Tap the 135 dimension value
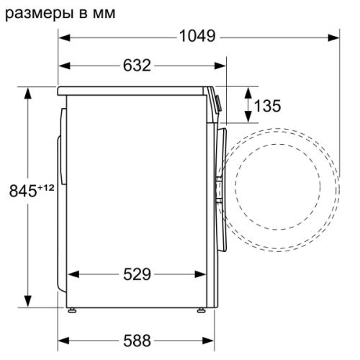click(267, 106)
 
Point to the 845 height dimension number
click(21, 192)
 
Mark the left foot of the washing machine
click(73, 311)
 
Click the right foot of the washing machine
click(199, 311)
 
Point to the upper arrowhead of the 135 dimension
click(248, 90)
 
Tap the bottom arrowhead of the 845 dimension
click(28, 302)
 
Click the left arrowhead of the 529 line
click(73, 274)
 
